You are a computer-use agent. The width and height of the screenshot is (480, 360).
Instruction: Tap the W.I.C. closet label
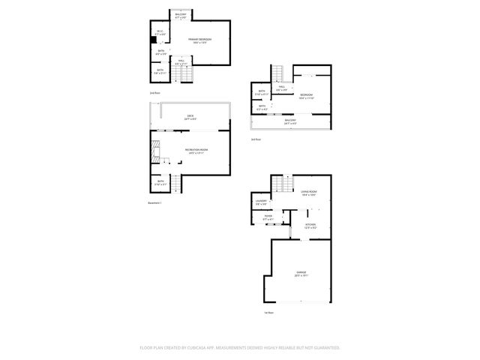pos(160,31)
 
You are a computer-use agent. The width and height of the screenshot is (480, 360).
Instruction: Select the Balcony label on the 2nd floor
pos(181,15)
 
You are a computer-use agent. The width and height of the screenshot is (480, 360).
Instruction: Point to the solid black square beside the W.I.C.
pos(153,41)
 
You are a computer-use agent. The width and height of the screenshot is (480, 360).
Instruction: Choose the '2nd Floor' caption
pos(154,92)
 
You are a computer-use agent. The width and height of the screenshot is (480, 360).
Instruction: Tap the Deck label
pos(190,116)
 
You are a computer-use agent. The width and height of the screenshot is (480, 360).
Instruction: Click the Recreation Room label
pos(196,151)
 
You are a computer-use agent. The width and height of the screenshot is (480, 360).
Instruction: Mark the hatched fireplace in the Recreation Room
pos(155,151)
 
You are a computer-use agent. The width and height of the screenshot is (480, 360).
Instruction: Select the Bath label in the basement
pos(160,181)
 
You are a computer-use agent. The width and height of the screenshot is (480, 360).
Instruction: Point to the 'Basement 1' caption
pos(155,202)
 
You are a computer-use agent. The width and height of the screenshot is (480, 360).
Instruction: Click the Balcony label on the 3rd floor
pos(289,120)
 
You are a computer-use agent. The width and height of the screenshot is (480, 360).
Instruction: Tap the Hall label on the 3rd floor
pos(282,87)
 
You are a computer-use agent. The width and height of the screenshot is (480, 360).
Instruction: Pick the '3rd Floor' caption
pos(256,139)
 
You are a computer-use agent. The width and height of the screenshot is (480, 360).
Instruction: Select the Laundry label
pos(261,202)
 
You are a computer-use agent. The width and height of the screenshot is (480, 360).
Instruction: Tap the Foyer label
pos(268,217)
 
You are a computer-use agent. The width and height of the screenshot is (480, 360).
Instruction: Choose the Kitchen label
pos(310,223)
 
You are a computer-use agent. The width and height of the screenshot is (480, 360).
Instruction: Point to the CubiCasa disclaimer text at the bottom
pos(240,347)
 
